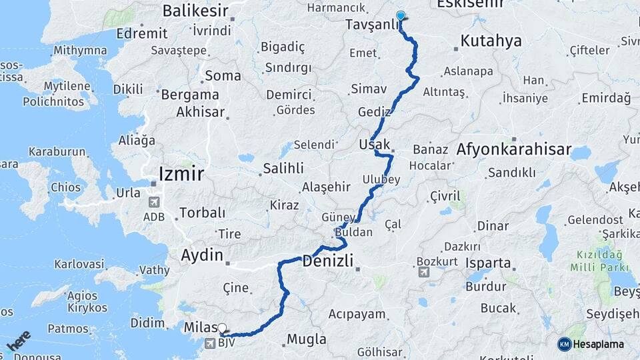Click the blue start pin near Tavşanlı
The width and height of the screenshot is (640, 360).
point(400,16)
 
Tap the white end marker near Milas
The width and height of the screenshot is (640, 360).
point(222,329)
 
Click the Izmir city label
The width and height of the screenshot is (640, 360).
point(181,175)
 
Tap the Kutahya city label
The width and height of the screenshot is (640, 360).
point(491,41)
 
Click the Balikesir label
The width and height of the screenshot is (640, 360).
point(195,11)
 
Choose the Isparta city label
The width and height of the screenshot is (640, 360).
point(488,263)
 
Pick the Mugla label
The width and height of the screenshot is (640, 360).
point(306,339)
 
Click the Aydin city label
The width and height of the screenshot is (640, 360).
point(202,255)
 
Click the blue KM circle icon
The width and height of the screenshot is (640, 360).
point(565,344)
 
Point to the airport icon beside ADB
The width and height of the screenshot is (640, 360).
point(155,202)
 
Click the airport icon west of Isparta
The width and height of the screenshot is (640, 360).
point(423,272)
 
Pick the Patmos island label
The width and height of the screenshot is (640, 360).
point(68,329)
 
